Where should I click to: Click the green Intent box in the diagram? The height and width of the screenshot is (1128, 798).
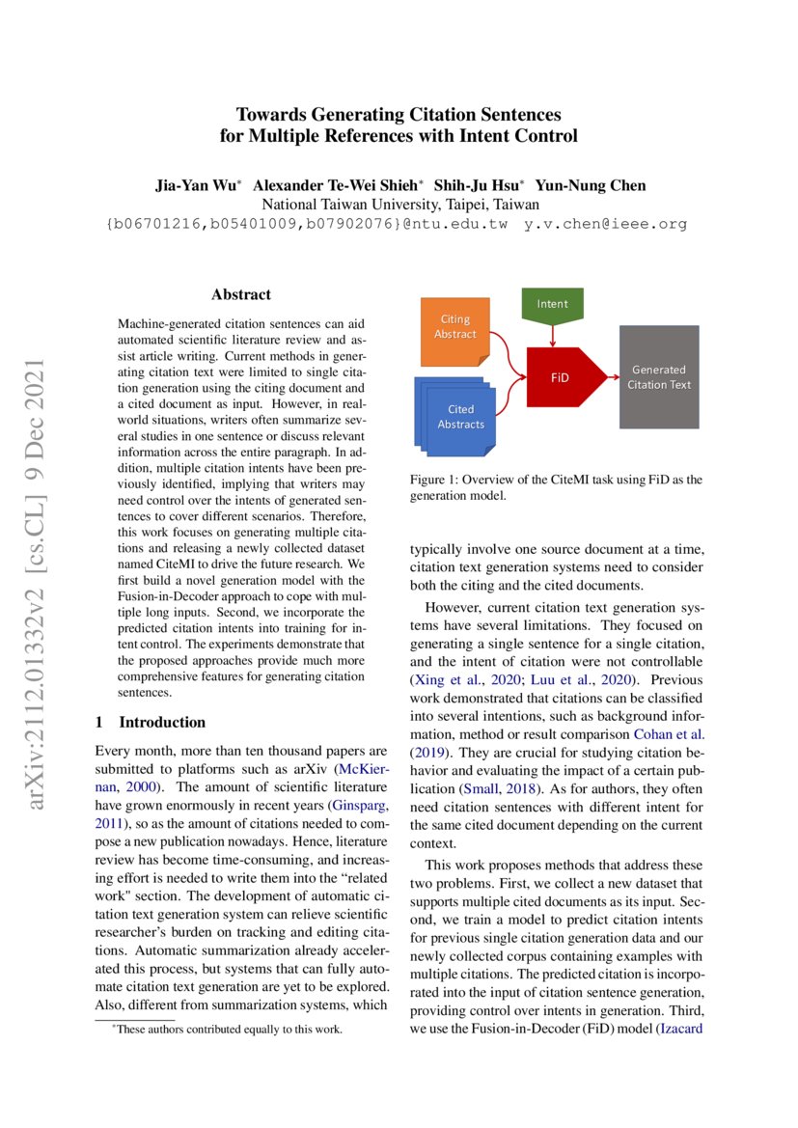tap(552, 304)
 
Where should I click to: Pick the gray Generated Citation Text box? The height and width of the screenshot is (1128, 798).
tap(659, 376)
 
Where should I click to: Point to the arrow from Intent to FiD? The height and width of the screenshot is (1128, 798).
tap(552, 334)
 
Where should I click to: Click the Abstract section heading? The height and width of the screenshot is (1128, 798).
tap(241, 294)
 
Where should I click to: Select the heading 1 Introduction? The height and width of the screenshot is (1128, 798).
tap(151, 722)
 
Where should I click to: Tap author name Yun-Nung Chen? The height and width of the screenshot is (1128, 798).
tap(592, 185)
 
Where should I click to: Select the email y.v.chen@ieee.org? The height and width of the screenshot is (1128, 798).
tap(605, 224)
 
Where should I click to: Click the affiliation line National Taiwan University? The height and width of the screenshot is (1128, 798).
tap(399, 205)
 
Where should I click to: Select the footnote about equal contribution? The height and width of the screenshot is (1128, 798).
tap(228, 1030)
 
